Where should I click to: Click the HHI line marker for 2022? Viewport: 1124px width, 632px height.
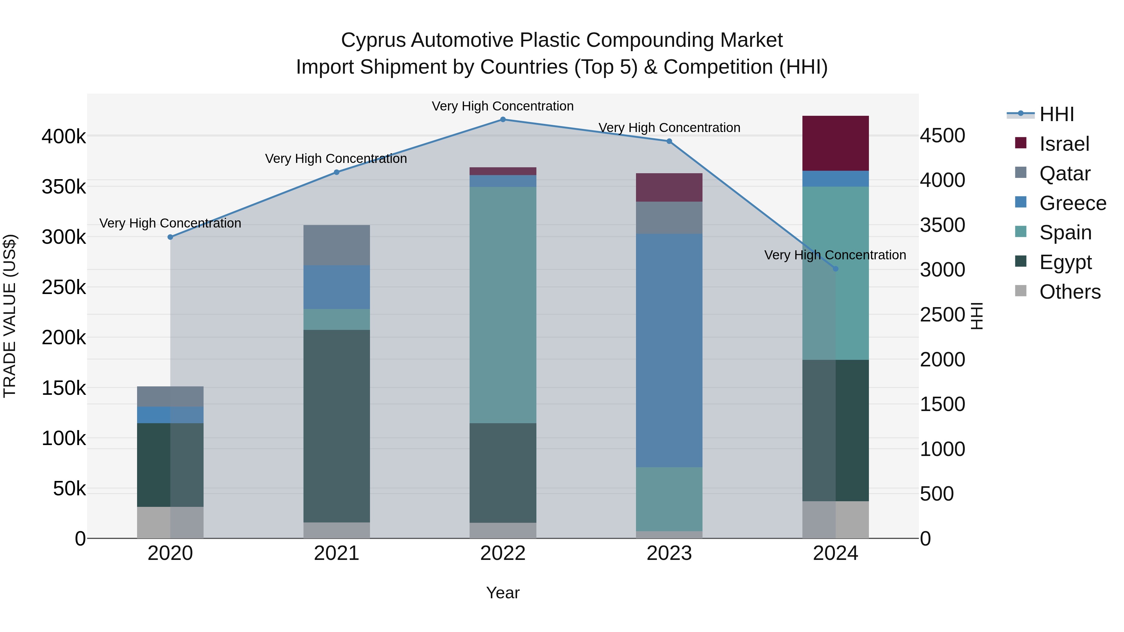tap(503, 120)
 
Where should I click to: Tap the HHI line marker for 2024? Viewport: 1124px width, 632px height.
tap(836, 269)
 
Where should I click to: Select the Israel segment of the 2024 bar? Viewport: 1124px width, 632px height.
tap(836, 143)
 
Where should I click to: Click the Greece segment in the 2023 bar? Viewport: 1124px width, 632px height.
tap(669, 350)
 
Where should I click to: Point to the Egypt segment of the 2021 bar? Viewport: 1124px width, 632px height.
tap(336, 426)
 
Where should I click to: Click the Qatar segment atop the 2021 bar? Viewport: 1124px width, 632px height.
tap(336, 245)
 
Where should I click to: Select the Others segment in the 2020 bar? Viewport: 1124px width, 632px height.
tap(170, 522)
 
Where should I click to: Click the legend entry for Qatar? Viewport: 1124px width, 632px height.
tap(1065, 174)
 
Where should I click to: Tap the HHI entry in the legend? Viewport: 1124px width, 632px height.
tap(1056, 114)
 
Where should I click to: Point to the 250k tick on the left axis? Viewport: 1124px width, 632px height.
tap(64, 287)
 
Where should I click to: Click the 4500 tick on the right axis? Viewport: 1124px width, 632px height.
tap(943, 136)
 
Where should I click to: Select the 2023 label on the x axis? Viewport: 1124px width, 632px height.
tap(669, 553)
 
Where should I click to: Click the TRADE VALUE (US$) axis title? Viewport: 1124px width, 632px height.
tap(10, 316)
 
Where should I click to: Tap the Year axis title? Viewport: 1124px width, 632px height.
tap(503, 593)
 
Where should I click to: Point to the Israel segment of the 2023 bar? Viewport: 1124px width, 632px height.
tap(669, 187)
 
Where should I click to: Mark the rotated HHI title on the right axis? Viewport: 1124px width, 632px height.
tap(977, 316)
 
